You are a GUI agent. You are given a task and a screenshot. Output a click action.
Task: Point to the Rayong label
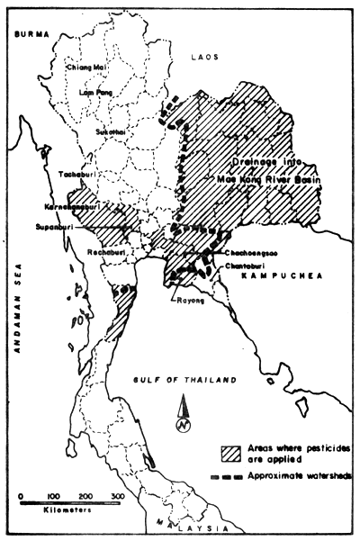click(191, 302)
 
